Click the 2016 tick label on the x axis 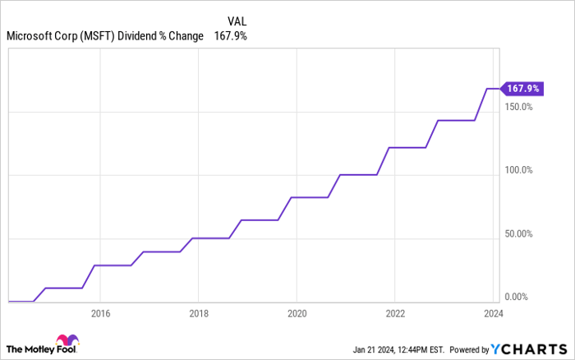tap(100, 313)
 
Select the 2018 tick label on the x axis tap(198, 313)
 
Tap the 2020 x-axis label tap(297, 313)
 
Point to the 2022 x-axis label tap(395, 313)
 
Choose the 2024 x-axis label tap(493, 313)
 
